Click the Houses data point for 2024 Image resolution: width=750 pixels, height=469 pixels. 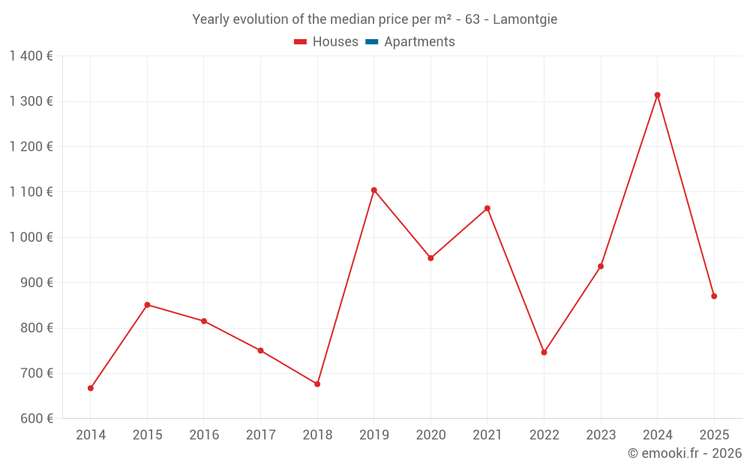[x=658, y=95]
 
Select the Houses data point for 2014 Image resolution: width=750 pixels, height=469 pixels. [x=91, y=388]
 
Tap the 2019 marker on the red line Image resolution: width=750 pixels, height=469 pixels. [x=374, y=191]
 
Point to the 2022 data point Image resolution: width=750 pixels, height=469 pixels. [x=544, y=352]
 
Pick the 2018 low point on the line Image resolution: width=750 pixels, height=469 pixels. [x=317, y=384]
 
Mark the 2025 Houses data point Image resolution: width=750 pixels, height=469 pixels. [x=714, y=296]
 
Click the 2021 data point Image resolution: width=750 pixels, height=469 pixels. [x=487, y=209]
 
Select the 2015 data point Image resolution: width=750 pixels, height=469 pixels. [x=147, y=305]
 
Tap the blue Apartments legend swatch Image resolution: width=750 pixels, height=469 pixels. [x=371, y=42]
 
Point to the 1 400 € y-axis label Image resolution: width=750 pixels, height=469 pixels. [x=31, y=56]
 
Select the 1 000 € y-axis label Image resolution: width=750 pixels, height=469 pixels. [x=31, y=237]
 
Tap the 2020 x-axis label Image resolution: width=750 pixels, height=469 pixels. [x=430, y=435]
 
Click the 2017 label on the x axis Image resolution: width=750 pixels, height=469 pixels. [x=260, y=435]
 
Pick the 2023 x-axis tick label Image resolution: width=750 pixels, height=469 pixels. [x=601, y=435]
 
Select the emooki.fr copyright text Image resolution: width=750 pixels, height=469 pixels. [x=684, y=453]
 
